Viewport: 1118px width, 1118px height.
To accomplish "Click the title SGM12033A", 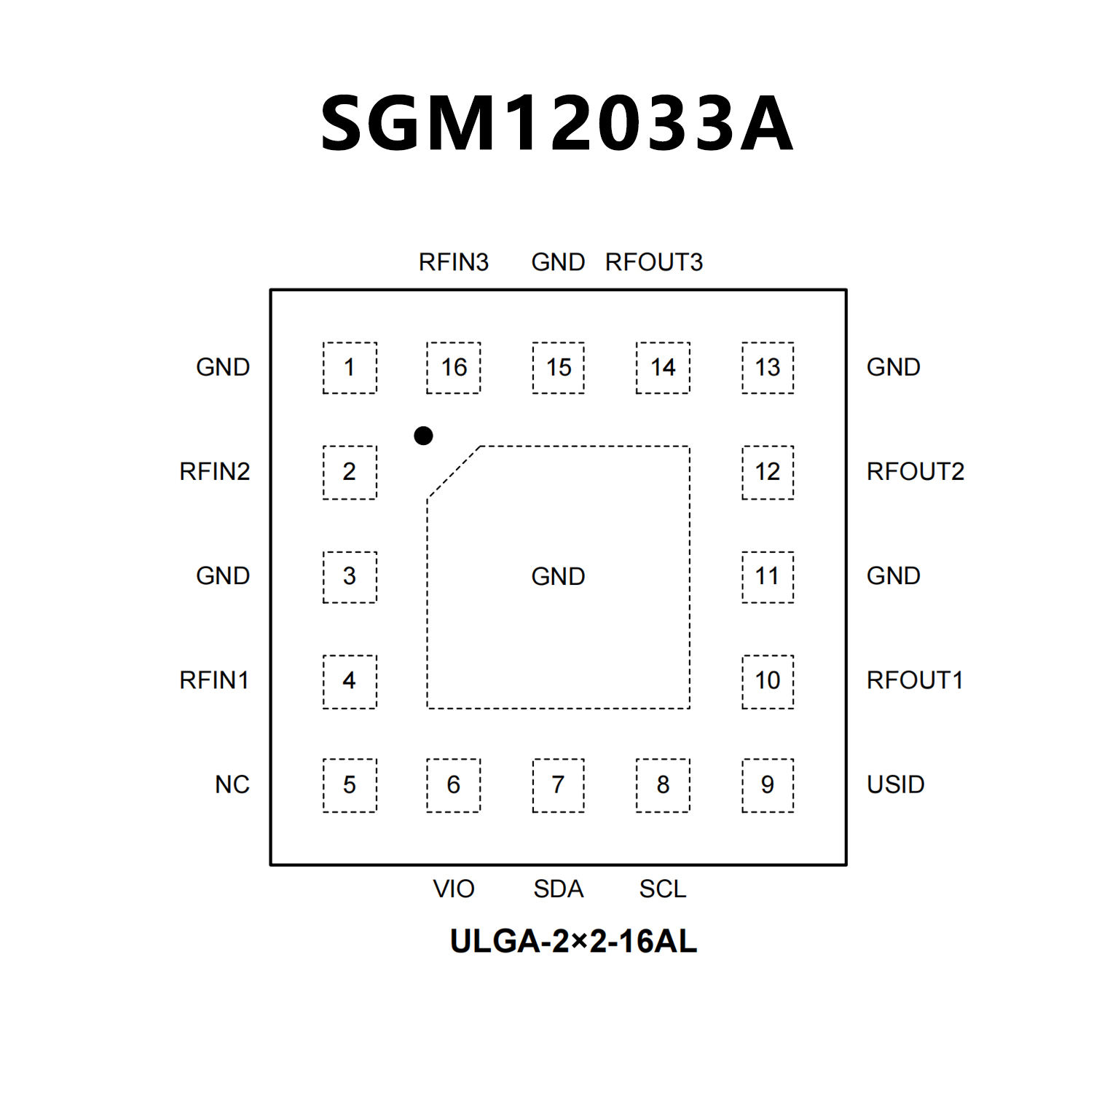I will (557, 124).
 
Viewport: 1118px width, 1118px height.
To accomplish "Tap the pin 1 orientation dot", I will (423, 436).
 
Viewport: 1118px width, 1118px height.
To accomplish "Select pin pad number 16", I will (454, 368).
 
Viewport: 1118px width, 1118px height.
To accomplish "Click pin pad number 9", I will (768, 785).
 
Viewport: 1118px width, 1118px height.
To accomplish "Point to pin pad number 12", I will (768, 472).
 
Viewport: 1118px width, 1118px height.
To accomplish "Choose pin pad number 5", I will (350, 785).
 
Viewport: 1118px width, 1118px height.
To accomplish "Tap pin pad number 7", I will (559, 785).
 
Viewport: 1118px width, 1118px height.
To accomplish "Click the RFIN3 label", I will (454, 262).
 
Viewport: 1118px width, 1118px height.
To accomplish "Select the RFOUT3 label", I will (654, 262).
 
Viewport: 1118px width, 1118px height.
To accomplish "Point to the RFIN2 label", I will (215, 472).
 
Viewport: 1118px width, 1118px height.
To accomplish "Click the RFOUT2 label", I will (916, 472).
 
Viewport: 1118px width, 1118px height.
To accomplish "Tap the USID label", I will (896, 785).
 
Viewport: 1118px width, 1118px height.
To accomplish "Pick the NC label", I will (232, 785).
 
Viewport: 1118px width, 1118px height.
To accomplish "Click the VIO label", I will (454, 889).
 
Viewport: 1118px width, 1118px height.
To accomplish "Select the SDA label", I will (559, 889).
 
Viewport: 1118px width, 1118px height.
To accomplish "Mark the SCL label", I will (663, 889).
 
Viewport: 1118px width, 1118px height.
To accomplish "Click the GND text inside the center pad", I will (559, 577).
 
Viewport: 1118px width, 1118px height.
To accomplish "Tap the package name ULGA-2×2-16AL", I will (574, 942).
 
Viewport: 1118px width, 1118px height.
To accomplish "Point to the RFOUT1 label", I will (916, 680).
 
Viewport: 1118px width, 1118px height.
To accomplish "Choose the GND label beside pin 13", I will (894, 367).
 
